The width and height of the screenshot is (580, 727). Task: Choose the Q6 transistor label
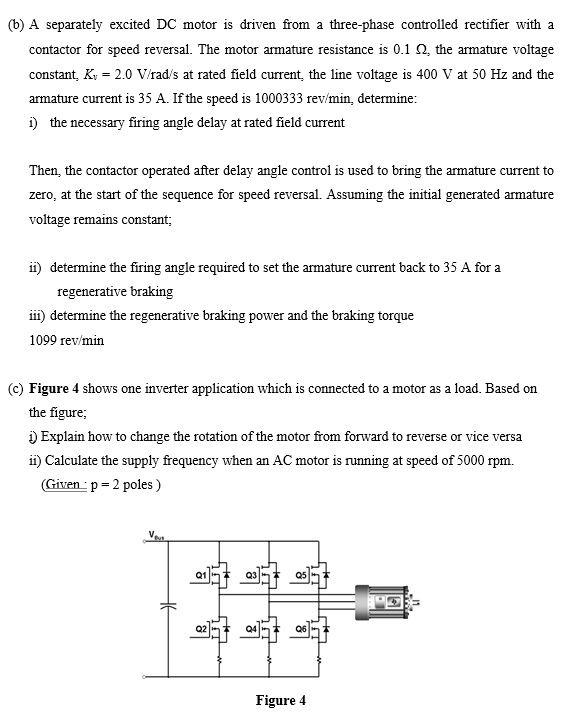click(302, 628)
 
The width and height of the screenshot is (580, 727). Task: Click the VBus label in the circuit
click(153, 537)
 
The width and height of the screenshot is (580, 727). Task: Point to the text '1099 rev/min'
click(67, 340)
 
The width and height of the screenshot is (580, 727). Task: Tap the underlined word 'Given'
click(63, 486)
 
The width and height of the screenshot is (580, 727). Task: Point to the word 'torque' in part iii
click(394, 316)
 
